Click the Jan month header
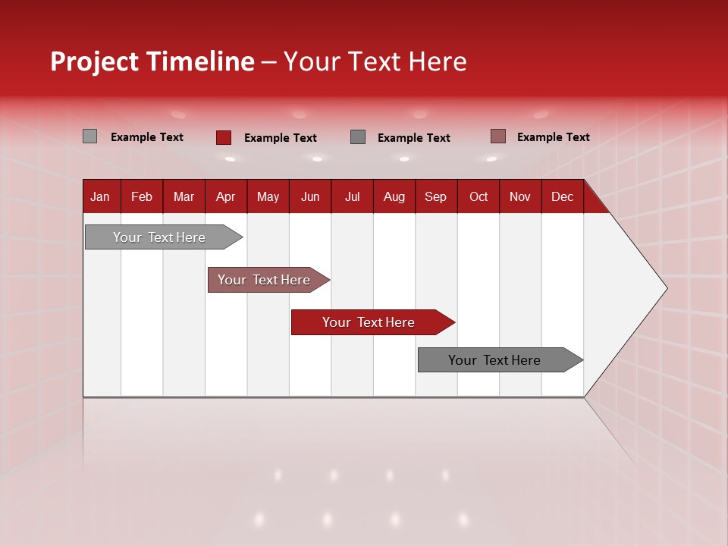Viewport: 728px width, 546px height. (100, 196)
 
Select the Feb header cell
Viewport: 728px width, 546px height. (142, 196)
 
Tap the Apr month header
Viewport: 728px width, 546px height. (225, 196)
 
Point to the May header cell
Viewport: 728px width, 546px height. (268, 196)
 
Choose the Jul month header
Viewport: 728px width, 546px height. (352, 196)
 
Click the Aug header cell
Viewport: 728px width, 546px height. (394, 196)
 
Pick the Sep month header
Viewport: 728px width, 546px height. (435, 196)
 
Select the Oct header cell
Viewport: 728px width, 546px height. (479, 196)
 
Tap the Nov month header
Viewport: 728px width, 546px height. (520, 196)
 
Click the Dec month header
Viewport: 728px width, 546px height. (562, 196)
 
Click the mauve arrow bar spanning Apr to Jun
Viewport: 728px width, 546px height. (265, 280)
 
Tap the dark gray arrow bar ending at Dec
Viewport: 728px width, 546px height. (497, 360)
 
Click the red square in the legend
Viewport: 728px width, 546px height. (224, 137)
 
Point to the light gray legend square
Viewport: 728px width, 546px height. (89, 136)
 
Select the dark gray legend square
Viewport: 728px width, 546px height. (358, 137)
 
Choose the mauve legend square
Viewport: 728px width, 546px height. (497, 136)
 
